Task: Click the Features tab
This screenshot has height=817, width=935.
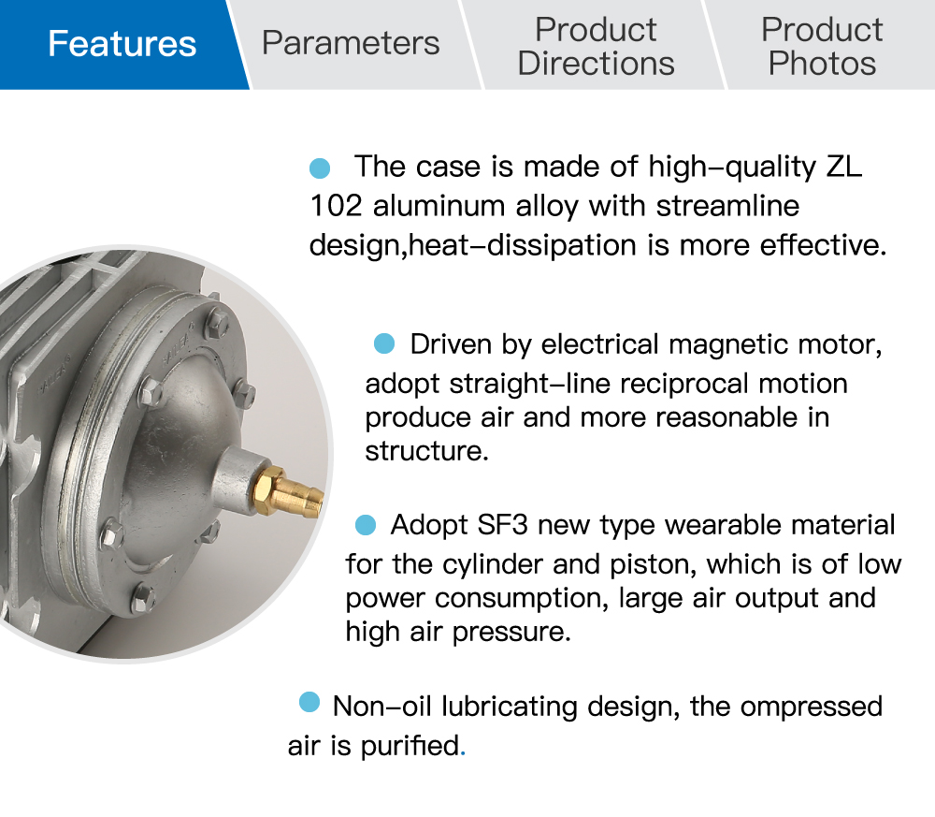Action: pyautogui.click(x=122, y=44)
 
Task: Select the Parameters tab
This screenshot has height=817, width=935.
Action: pyautogui.click(x=351, y=44)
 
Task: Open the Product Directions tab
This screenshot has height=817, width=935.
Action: pyautogui.click(x=596, y=46)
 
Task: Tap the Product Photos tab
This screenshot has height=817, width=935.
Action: pyautogui.click(x=822, y=46)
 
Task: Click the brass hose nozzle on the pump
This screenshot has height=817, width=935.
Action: pyautogui.click(x=291, y=490)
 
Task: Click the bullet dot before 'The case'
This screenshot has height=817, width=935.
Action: pyautogui.click(x=320, y=168)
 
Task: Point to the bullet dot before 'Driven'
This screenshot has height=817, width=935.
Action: pyautogui.click(x=384, y=343)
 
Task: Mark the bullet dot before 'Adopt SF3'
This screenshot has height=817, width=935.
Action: pyautogui.click(x=366, y=525)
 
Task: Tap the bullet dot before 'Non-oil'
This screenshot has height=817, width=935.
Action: pyautogui.click(x=309, y=702)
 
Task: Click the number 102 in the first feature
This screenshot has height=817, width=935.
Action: pyautogui.click(x=336, y=206)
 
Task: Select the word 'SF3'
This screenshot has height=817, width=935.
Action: pyautogui.click(x=502, y=525)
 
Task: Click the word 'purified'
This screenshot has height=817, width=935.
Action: pyautogui.click(x=410, y=747)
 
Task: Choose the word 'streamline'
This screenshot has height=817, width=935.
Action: pyautogui.click(x=727, y=206)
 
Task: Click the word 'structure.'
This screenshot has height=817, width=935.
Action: pyautogui.click(x=426, y=451)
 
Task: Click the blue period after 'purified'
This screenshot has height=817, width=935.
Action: pyautogui.click(x=463, y=754)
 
